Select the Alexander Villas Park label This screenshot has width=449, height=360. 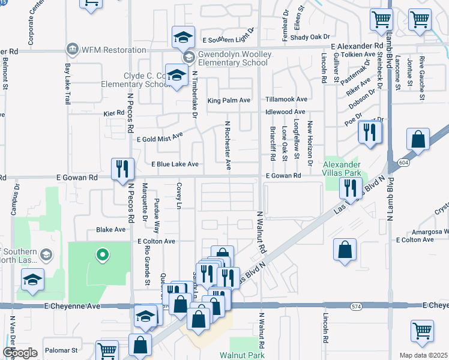(x=342, y=169)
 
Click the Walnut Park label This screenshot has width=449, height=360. (x=242, y=355)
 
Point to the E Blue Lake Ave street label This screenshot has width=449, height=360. (x=175, y=164)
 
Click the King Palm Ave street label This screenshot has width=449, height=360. (x=229, y=101)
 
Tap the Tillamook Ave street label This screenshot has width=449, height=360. (x=287, y=100)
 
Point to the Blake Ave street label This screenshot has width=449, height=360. (x=111, y=229)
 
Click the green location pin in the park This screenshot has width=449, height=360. (x=102, y=254)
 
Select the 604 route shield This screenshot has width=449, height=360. (x=400, y=163)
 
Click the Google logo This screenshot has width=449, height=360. (x=20, y=353)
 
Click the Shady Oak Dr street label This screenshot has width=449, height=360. (x=312, y=37)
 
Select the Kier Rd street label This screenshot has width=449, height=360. (x=112, y=112)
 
